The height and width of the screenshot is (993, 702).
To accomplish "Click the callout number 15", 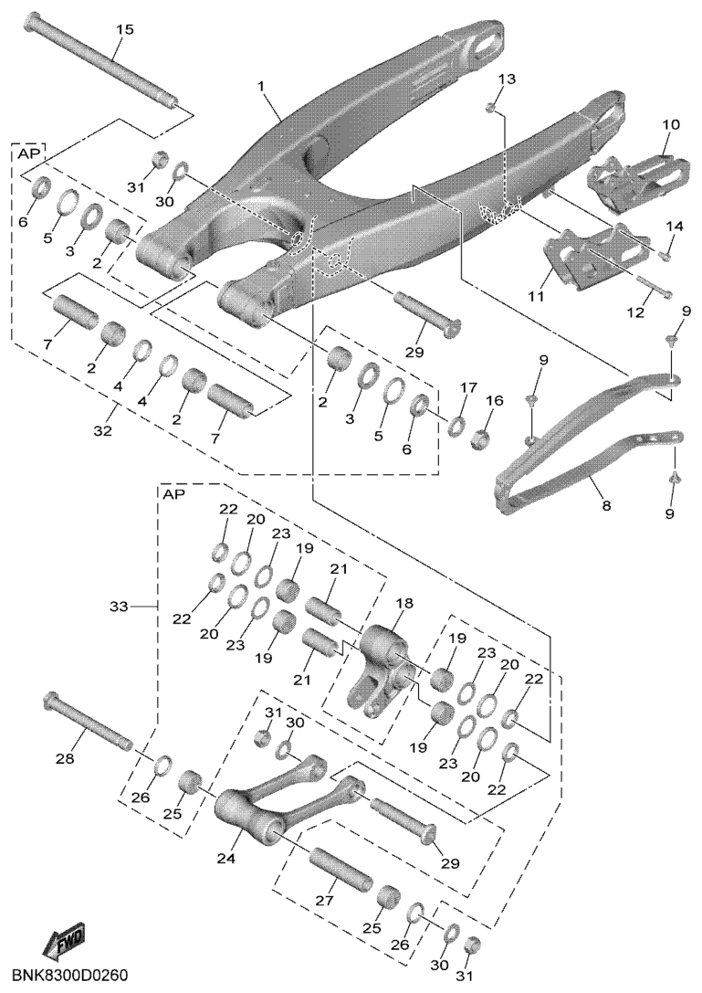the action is (x=125, y=29).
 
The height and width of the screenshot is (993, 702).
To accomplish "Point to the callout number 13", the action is (x=507, y=79).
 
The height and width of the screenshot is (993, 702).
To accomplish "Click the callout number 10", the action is (x=671, y=124).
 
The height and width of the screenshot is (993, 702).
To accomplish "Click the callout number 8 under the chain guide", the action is (x=606, y=505).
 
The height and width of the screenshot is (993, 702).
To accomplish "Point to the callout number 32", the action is (x=102, y=431).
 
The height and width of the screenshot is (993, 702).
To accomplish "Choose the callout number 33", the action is (x=119, y=607).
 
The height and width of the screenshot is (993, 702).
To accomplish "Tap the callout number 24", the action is (x=226, y=858).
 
